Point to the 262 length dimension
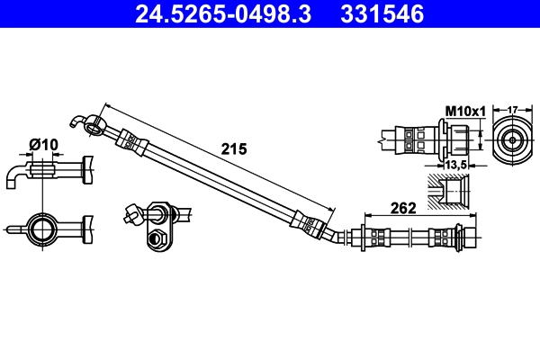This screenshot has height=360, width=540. click(x=402, y=209)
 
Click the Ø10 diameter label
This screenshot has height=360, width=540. click(x=42, y=144)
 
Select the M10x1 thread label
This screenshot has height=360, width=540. click(x=465, y=111)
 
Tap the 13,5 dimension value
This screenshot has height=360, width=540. click(x=455, y=165)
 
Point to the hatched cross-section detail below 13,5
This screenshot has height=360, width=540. click(x=448, y=193)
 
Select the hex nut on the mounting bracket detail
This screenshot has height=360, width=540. click(x=157, y=238)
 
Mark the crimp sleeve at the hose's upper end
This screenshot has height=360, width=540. click(x=131, y=140)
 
